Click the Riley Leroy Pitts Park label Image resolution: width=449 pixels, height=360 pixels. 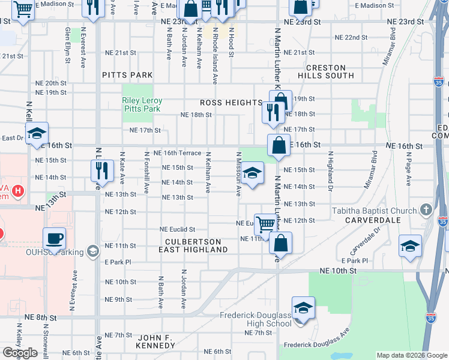pos(141,105)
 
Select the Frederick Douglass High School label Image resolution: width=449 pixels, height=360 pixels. pos(255,319)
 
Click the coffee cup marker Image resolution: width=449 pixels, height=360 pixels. pos(54,238)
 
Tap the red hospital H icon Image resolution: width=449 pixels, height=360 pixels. pos(19,192)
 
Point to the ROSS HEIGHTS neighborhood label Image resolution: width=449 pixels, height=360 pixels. pos(231,103)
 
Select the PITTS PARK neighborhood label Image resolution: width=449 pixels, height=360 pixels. pos(127,75)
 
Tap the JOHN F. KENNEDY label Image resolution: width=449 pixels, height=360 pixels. pos(147,341)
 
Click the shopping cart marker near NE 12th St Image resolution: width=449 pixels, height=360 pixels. pos(265,224)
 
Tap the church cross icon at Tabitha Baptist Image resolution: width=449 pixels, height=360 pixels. pos(426,210)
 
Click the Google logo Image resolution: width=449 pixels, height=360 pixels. pos(20,353)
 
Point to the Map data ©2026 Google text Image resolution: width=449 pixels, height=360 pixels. pos(412,355)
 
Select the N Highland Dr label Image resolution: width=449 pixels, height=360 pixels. pos(330,166)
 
